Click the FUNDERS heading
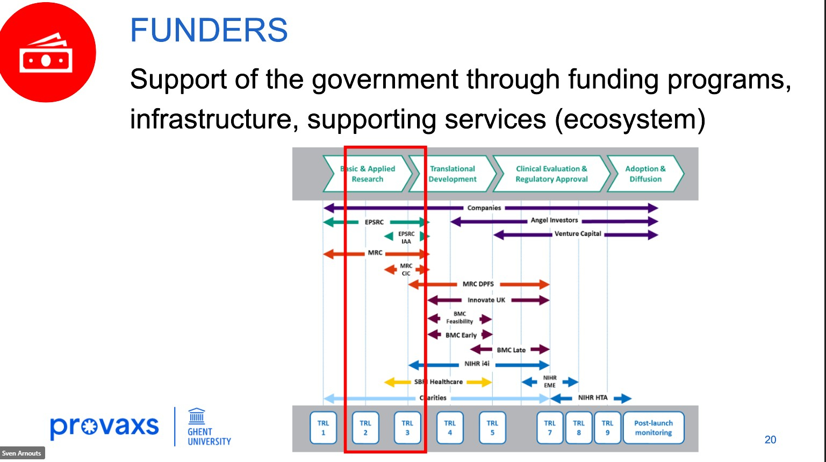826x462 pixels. [209, 30]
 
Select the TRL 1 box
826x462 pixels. [323, 428]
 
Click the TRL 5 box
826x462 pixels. [492, 428]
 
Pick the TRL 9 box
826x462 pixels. [607, 428]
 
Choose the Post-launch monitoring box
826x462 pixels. [653, 428]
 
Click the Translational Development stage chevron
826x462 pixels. [452, 174]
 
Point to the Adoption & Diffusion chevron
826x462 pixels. [645, 174]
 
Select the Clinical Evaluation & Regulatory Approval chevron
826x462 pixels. [551, 174]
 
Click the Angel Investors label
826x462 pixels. [554, 220]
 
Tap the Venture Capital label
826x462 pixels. [578, 233]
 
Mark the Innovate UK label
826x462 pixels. [486, 300]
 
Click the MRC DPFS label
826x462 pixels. [478, 284]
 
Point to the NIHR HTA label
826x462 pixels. [593, 397]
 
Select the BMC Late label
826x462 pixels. [511, 350]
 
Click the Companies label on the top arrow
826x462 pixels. [484, 208]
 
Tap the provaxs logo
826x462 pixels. [104, 427]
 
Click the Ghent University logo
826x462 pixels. [209, 427]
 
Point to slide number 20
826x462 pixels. [770, 439]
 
